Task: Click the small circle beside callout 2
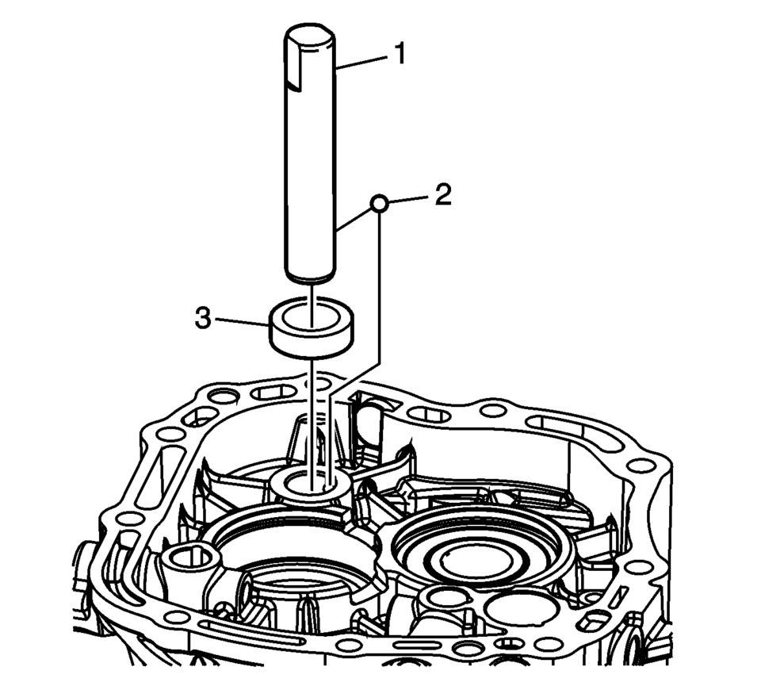380,205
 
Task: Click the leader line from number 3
241,322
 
